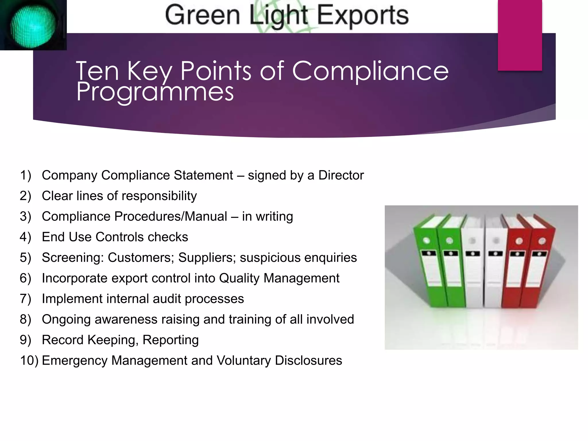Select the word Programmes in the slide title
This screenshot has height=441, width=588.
[155, 92]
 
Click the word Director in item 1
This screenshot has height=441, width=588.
[341, 175]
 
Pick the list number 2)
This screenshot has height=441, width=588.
[25, 196]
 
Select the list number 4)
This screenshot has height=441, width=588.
[25, 237]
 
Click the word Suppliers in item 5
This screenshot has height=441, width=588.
[205, 258]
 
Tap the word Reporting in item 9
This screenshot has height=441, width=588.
[171, 340]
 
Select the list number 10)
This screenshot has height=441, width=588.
[29, 361]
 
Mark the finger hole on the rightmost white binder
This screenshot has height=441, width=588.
[496, 241]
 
